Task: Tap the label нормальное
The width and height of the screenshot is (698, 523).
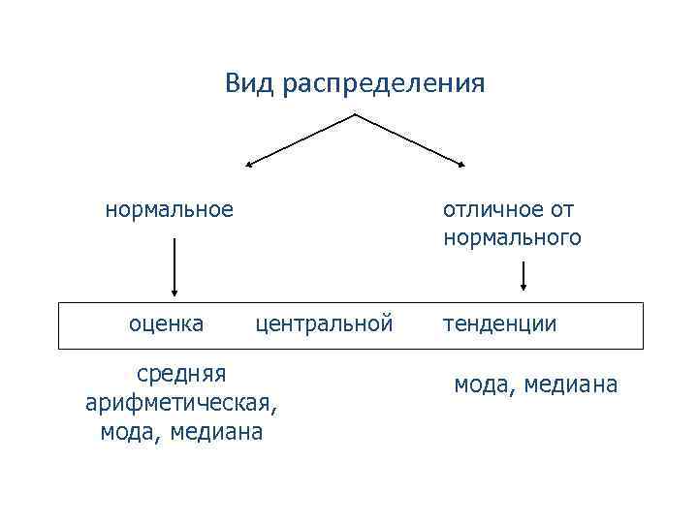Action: (170, 209)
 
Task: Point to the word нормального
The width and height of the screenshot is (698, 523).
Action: (512, 237)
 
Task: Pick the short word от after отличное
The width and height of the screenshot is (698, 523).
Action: (559, 209)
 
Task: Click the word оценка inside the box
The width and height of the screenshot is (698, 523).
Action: (167, 323)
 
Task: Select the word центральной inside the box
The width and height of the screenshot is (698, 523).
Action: (324, 323)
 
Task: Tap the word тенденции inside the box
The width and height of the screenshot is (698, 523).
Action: (500, 323)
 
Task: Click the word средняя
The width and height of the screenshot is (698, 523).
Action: (181, 372)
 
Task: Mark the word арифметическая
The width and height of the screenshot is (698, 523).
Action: (181, 402)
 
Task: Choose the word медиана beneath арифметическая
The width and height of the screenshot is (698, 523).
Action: (215, 432)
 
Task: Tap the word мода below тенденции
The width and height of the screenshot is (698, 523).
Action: (485, 385)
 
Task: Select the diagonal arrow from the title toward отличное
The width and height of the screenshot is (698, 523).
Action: (410, 139)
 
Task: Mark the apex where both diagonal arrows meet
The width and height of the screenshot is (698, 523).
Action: (355, 114)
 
